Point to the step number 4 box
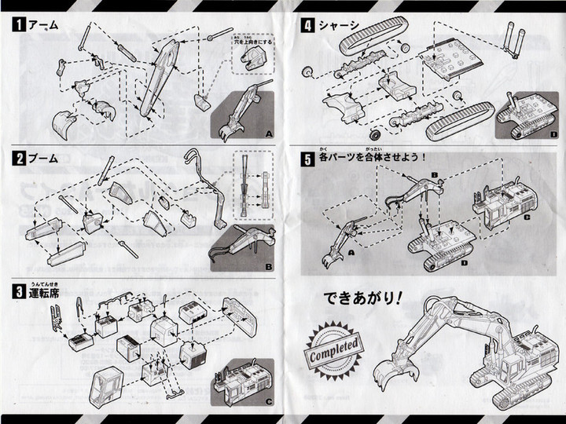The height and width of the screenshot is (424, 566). pos(307,25)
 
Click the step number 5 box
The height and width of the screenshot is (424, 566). pos(307,158)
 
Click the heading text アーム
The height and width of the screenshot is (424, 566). pos(43,25)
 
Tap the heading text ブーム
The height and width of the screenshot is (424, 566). pos(43,158)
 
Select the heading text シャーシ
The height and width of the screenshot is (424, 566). pos(339,25)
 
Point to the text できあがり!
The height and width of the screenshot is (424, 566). pos(362,298)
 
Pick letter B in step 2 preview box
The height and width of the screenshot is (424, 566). pos(268,266)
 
